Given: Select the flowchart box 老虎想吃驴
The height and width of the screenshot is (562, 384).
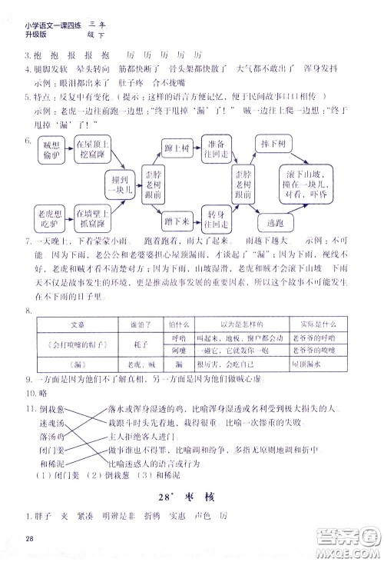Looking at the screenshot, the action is click(x=51, y=211).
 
